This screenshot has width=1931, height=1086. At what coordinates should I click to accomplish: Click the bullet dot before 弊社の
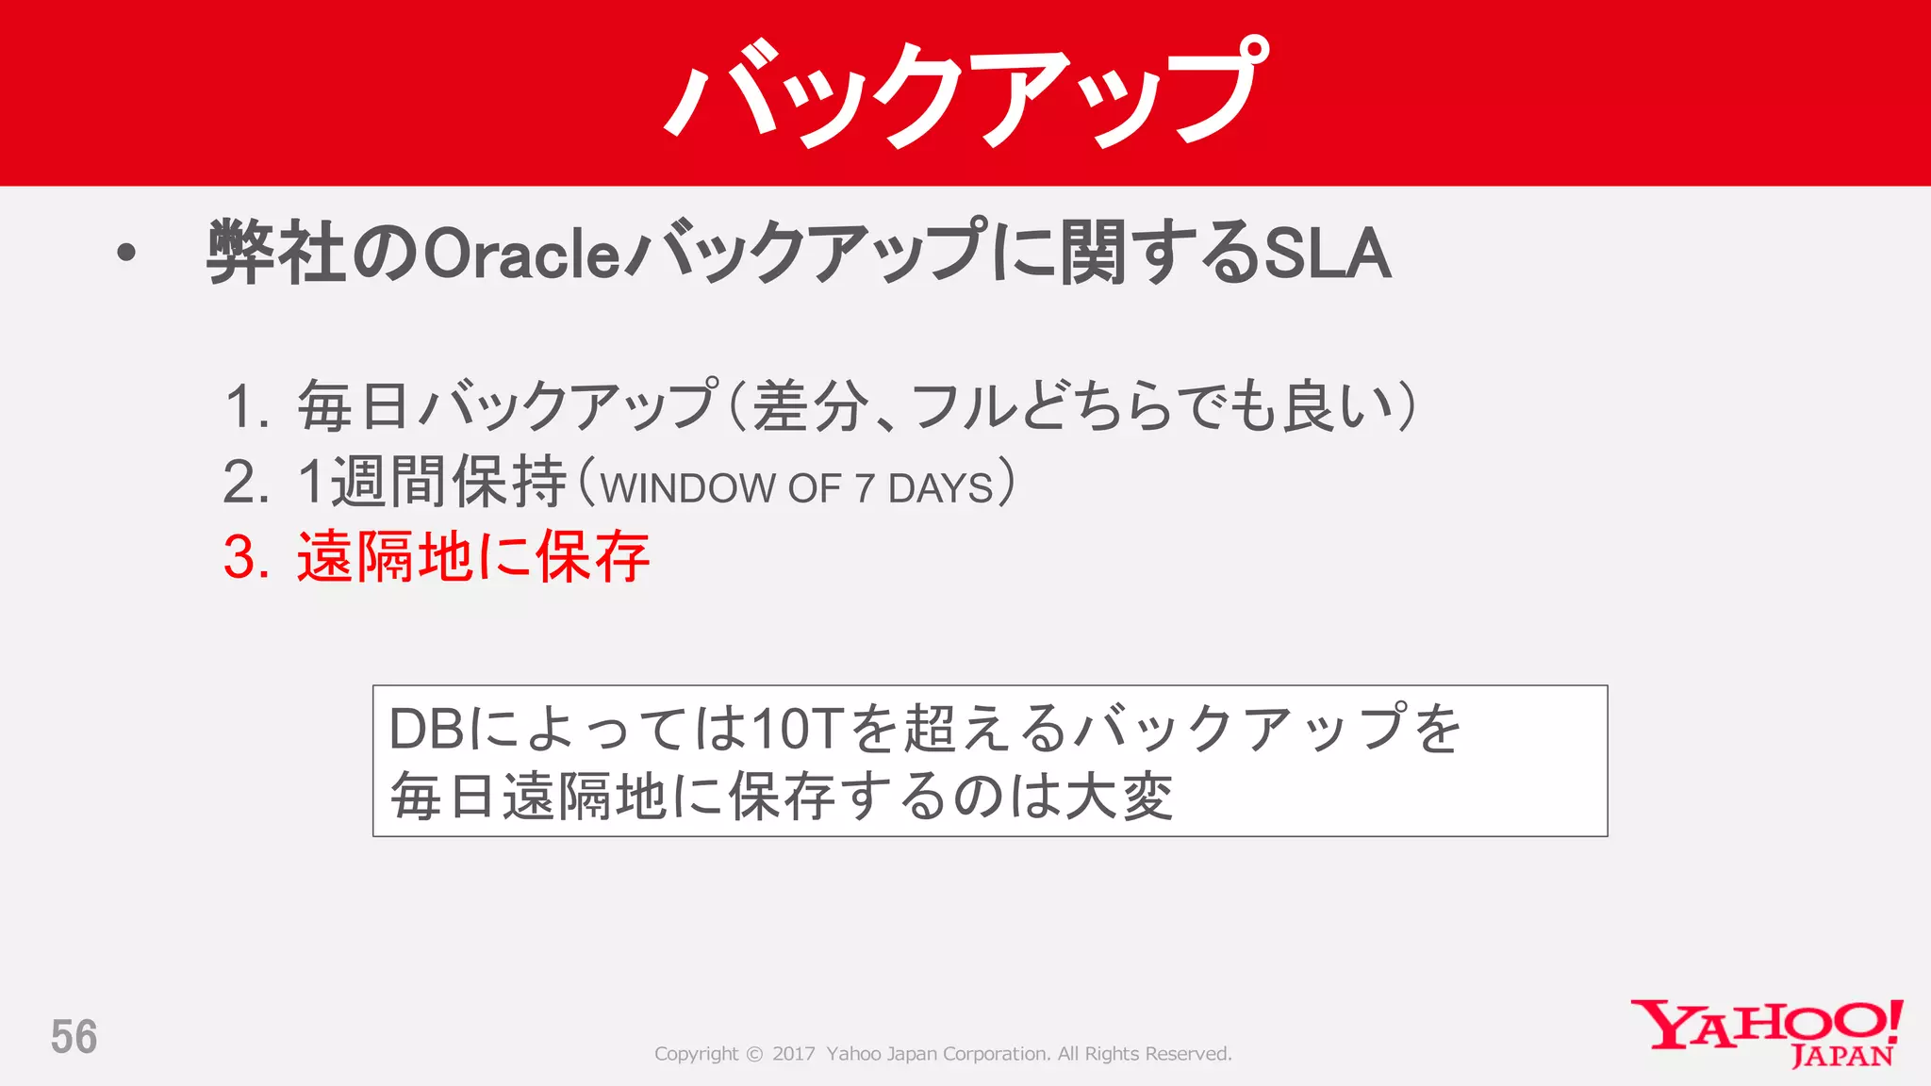coord(126,253)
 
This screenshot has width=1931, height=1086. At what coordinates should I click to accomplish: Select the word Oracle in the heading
coord(521,254)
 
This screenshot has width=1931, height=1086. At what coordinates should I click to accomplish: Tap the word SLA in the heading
coord(1327,253)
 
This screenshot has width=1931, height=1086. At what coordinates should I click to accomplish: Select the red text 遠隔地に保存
coord(473,556)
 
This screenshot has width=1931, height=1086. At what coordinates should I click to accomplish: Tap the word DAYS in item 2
coord(940,488)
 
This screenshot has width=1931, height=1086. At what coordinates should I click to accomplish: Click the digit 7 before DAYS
coord(865,488)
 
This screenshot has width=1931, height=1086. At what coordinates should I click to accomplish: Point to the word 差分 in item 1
coord(809,407)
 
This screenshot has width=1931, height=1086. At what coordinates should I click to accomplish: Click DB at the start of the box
coord(426,729)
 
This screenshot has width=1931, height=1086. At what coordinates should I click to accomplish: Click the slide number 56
coord(74,1037)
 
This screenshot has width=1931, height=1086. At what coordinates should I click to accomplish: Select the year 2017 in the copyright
coord(793,1054)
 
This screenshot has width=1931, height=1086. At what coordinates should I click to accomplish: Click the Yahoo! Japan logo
coord(1767,1033)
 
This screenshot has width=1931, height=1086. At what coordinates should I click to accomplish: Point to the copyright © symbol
coord(754,1054)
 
